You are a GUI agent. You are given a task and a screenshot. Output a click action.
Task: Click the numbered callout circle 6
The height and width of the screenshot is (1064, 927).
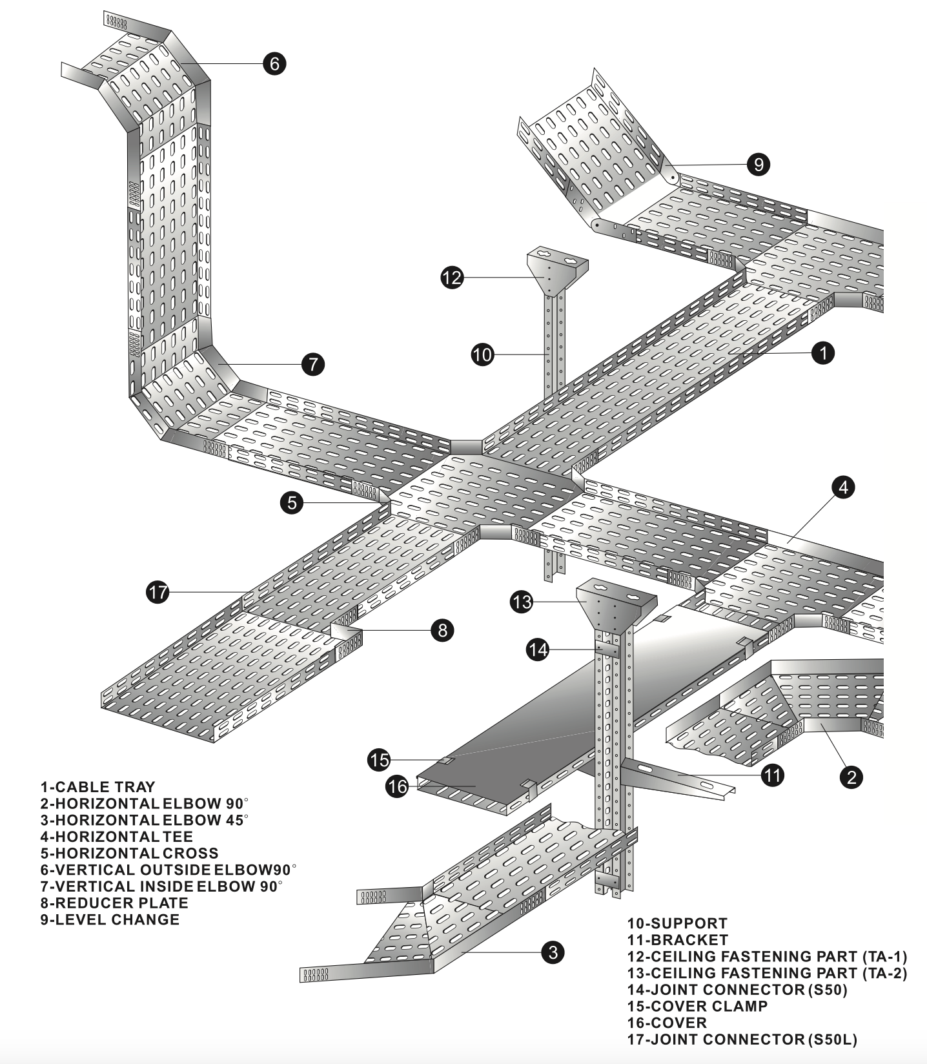point(274,63)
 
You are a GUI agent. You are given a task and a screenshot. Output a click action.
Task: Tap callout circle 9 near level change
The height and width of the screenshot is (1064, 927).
point(759,164)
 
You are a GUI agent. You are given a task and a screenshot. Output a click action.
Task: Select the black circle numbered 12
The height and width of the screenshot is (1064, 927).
point(453,278)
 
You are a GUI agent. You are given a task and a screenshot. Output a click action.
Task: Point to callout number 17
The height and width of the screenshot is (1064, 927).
point(158,591)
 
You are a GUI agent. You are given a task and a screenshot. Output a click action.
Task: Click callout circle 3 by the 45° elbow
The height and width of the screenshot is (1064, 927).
point(553,952)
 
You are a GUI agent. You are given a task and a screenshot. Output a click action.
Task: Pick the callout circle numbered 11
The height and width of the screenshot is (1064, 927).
point(773,774)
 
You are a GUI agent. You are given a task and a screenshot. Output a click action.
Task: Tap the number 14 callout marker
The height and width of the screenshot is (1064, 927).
point(538,650)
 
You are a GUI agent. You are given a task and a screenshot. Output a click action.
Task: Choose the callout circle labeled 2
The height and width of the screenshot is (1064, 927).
point(851,777)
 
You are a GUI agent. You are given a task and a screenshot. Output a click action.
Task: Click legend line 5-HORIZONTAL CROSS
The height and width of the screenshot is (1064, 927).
point(129,853)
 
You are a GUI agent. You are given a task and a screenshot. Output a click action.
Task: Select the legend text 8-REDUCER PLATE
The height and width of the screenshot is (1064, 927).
point(114,903)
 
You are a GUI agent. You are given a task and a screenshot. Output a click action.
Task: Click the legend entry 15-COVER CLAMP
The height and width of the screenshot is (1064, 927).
point(697,1006)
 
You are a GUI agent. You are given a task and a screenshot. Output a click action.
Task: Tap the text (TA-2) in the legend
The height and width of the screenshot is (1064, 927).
point(885,973)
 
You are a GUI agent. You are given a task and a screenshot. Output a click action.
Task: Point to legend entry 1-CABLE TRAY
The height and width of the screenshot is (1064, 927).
point(97,787)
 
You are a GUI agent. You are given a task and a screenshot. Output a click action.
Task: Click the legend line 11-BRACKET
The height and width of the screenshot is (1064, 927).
point(677,940)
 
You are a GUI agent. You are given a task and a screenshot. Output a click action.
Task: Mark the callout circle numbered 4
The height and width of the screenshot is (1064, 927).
point(844,487)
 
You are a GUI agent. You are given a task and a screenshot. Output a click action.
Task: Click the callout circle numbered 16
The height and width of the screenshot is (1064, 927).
point(398,786)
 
